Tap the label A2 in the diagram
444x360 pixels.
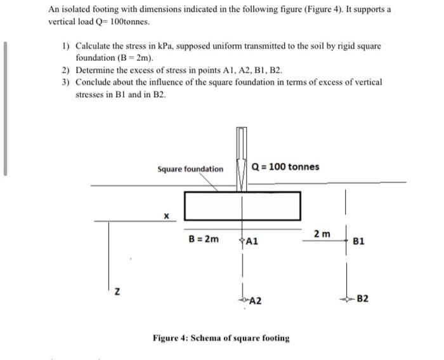coord(256,302)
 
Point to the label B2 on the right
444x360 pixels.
coord(363,298)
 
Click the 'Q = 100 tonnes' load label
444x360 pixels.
coord(285,167)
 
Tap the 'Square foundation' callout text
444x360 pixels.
coord(190,169)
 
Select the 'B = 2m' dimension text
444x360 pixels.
coord(204,239)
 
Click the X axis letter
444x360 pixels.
coord(167,216)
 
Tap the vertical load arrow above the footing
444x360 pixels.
coord(242,159)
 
